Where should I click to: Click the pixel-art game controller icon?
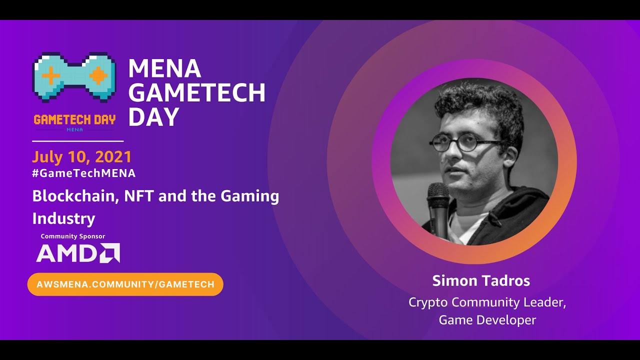(74, 76)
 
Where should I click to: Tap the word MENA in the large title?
(164, 68)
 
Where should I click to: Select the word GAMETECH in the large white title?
(196, 92)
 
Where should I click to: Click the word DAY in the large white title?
(153, 117)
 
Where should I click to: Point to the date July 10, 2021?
(82, 157)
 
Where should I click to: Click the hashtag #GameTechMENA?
(84, 173)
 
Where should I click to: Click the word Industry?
(63, 218)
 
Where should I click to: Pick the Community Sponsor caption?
(73, 236)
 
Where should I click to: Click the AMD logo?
(78, 253)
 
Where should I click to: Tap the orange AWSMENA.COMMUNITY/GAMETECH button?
(125, 284)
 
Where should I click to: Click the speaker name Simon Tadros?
(481, 281)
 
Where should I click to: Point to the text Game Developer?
(487, 320)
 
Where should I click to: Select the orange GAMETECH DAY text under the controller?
(74, 119)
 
